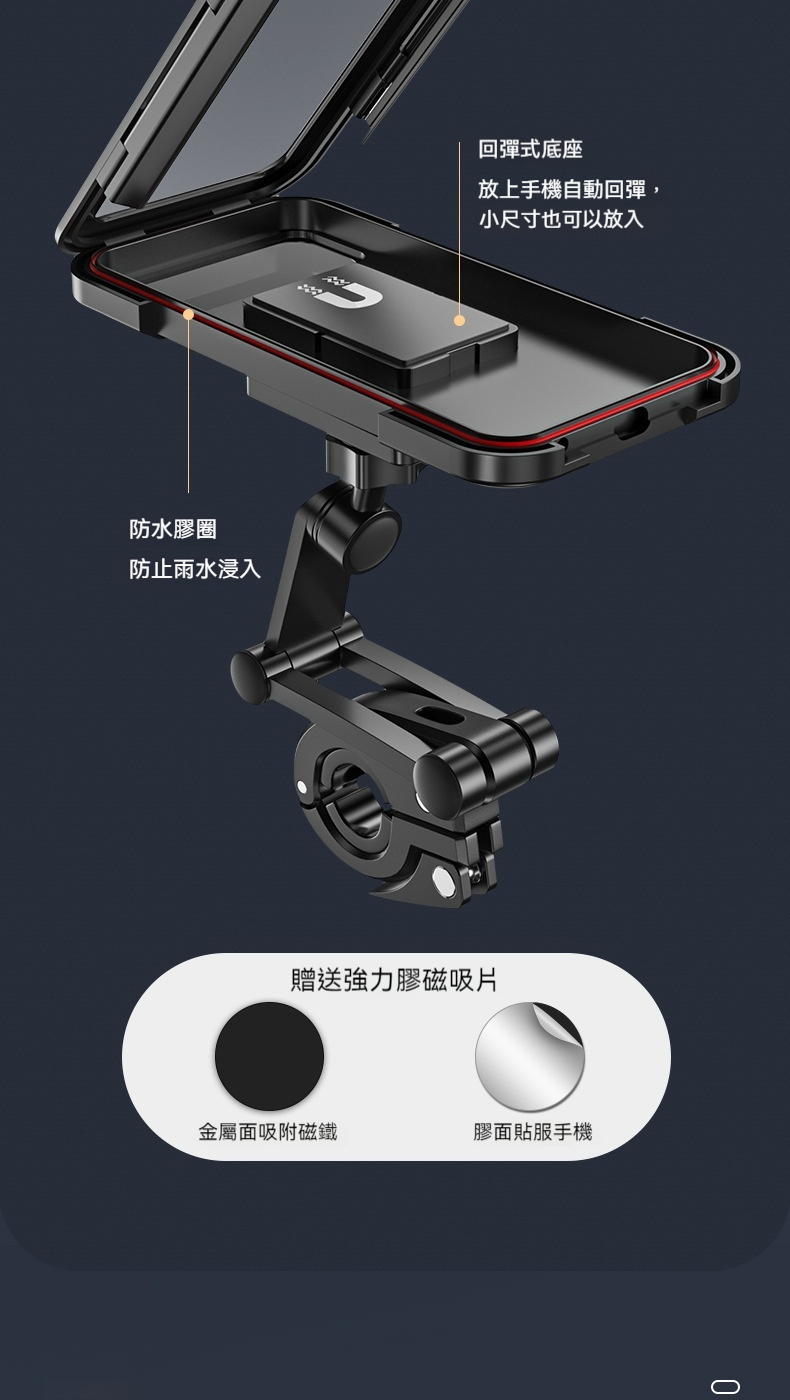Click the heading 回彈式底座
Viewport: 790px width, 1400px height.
pyautogui.click(x=530, y=150)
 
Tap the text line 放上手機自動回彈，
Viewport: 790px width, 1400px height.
pyautogui.click(x=570, y=189)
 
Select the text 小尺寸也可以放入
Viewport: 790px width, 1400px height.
pyautogui.click(x=561, y=219)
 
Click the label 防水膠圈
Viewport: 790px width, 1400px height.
pyautogui.click(x=173, y=529)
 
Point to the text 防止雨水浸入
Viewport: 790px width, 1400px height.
pyautogui.click(x=195, y=569)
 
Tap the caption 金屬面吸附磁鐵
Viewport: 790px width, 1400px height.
pyautogui.click(x=267, y=1131)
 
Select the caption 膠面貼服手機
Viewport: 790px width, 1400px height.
pyautogui.click(x=533, y=1131)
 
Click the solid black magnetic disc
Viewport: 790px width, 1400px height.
pyautogui.click(x=269, y=1056)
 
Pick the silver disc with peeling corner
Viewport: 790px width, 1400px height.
pyautogui.click(x=529, y=1056)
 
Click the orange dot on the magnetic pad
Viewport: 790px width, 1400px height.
pyautogui.click(x=459, y=320)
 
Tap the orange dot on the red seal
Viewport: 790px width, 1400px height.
pyautogui.click(x=188, y=314)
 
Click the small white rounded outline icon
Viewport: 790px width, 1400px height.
pyautogui.click(x=725, y=1386)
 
